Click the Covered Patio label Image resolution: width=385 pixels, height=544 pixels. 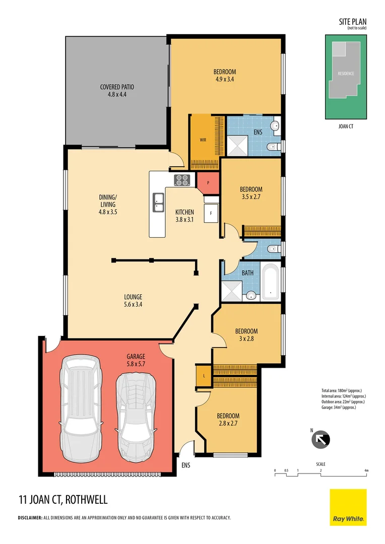click(117, 90)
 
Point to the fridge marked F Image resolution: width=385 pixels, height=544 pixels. click(211, 214)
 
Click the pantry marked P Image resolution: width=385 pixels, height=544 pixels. click(207, 182)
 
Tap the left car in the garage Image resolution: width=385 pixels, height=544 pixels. click(78, 409)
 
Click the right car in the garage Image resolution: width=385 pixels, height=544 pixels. click(135, 416)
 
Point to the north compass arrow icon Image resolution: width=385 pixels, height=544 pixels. click(321, 439)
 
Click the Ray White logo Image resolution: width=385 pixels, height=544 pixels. click(348, 507)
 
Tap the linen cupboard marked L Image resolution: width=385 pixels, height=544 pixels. click(203, 376)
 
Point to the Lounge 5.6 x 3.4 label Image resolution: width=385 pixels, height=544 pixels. click(133, 300)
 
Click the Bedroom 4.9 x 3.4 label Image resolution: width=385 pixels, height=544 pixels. click(225, 75)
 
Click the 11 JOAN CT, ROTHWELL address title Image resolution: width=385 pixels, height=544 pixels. click(63, 500)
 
